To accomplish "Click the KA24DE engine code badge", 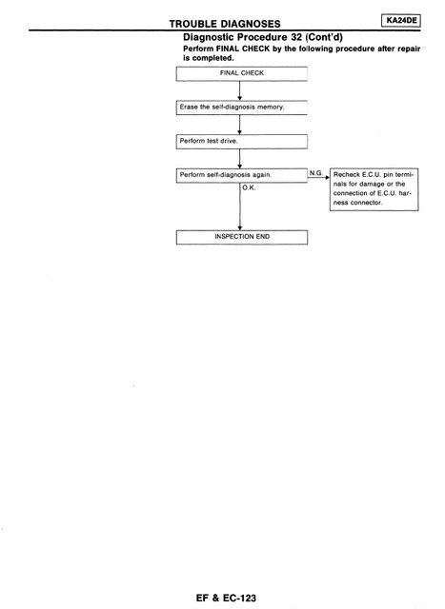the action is pyautogui.click(x=401, y=21).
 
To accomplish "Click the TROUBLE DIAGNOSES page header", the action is pyautogui.click(x=225, y=24).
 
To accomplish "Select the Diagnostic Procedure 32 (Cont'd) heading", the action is pyautogui.click(x=263, y=37).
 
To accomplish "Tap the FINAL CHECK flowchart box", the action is pyautogui.click(x=242, y=74).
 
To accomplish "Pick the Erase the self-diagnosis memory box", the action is pyautogui.click(x=242, y=108).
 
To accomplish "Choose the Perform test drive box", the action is pyautogui.click(x=242, y=142).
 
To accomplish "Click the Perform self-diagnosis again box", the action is pyautogui.click(x=242, y=175).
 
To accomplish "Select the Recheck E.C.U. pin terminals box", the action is pyautogui.click(x=374, y=189).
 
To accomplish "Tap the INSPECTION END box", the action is pyautogui.click(x=242, y=237).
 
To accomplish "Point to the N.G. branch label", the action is pyautogui.click(x=316, y=173).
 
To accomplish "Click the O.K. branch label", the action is pyautogui.click(x=249, y=187).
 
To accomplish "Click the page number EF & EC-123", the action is pyautogui.click(x=226, y=598).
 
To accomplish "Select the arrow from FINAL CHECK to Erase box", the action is pyautogui.click(x=239, y=91).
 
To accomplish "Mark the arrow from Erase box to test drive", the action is pyautogui.click(x=239, y=125).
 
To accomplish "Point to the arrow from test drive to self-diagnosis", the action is pyautogui.click(x=239, y=159).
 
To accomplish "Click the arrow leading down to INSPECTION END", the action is pyautogui.click(x=240, y=206).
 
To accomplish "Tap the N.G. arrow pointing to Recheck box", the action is pyautogui.click(x=318, y=178).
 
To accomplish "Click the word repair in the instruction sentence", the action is pyautogui.click(x=409, y=49).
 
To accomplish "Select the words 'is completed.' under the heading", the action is pyautogui.click(x=209, y=58).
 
